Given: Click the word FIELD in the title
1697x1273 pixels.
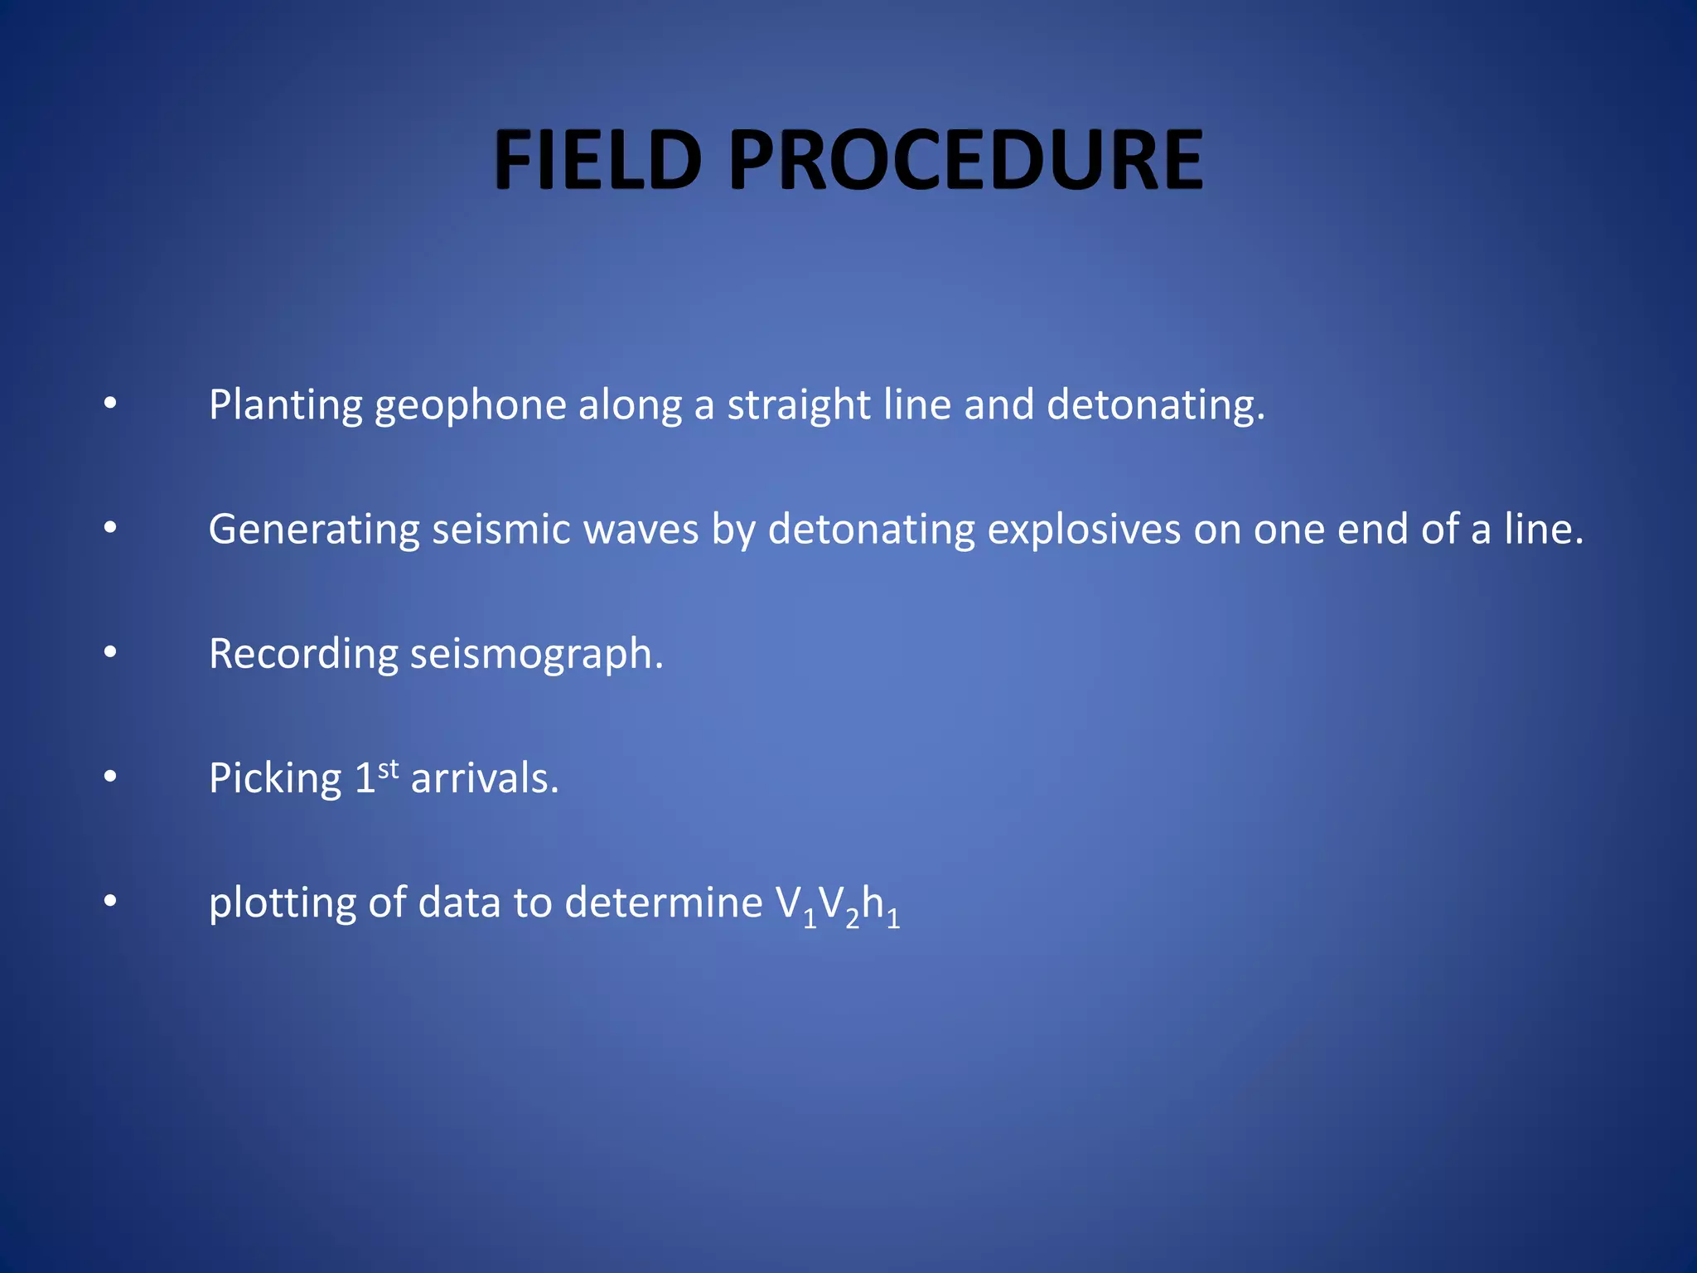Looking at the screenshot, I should pyautogui.click(x=597, y=161).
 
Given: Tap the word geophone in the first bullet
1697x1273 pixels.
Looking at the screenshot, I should pyautogui.click(x=470, y=406).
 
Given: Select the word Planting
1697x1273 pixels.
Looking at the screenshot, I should pyautogui.click(x=285, y=406).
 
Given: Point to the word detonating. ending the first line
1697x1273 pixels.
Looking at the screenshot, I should pyautogui.click(x=1156, y=406).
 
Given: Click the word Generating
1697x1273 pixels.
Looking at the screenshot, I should pyautogui.click(x=314, y=530).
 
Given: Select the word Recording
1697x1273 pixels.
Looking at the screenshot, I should pyautogui.click(x=303, y=655).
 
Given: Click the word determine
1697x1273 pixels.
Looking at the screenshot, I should pyautogui.click(x=663, y=903).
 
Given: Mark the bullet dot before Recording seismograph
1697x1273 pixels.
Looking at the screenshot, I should pyautogui.click(x=110, y=653).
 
